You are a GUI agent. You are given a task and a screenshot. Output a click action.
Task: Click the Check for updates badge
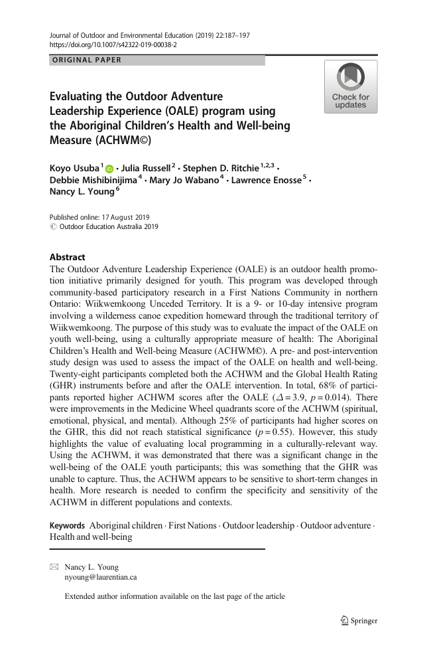pos(350,86)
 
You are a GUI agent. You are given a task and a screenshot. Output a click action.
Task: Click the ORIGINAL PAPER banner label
pos(88,60)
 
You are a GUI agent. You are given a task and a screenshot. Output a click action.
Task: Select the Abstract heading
pos(68,258)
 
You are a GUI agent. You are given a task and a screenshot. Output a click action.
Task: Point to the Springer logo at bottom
pos(358,621)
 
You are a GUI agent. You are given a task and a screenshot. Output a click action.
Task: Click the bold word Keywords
pos(67,526)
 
